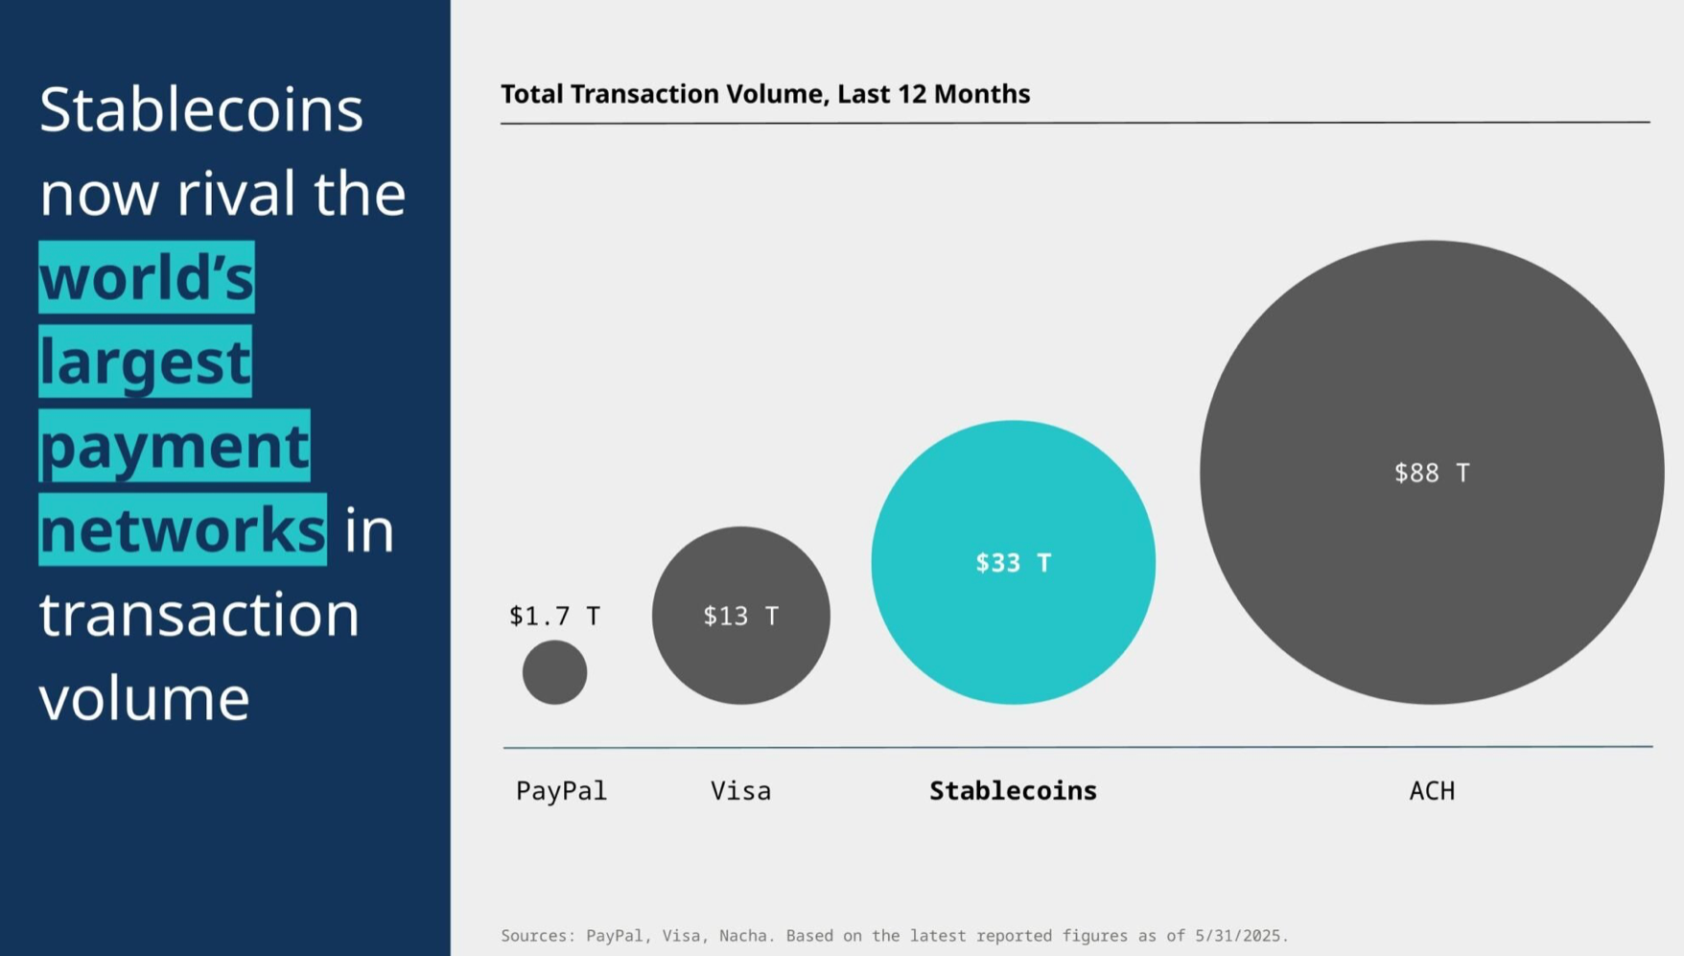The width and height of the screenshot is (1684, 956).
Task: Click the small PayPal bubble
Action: (x=554, y=672)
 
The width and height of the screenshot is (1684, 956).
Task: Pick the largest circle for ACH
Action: (x=1431, y=575)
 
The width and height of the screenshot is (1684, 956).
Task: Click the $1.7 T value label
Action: (x=554, y=616)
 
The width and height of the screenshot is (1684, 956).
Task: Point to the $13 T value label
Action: (x=740, y=616)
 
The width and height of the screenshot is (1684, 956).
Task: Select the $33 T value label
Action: (x=1013, y=563)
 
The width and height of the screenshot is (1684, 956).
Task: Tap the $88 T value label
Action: (x=1431, y=473)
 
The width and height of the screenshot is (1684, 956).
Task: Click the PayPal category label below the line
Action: (x=561, y=791)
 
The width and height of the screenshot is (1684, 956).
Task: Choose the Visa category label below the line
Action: (x=740, y=791)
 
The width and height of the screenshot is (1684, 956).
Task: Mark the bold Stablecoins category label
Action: (x=1013, y=791)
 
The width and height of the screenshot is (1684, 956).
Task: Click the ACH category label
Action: (x=1431, y=791)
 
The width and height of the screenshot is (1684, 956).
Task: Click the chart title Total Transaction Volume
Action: (x=764, y=94)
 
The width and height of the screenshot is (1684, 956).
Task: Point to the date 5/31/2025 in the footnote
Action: (x=1240, y=936)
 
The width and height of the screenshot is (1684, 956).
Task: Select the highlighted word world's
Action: (x=147, y=277)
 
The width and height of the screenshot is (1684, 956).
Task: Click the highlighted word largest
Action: (x=145, y=361)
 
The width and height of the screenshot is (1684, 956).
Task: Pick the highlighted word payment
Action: (x=175, y=446)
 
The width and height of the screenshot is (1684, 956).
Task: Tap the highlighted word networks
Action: (x=182, y=530)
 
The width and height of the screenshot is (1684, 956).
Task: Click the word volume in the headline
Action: (x=144, y=698)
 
